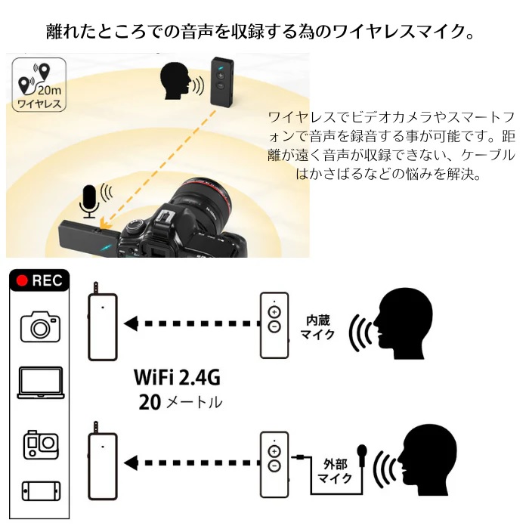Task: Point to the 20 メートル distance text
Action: (180, 401)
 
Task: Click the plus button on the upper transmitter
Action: (274, 313)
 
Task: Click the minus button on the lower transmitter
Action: (274, 467)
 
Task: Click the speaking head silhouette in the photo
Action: (175, 82)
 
